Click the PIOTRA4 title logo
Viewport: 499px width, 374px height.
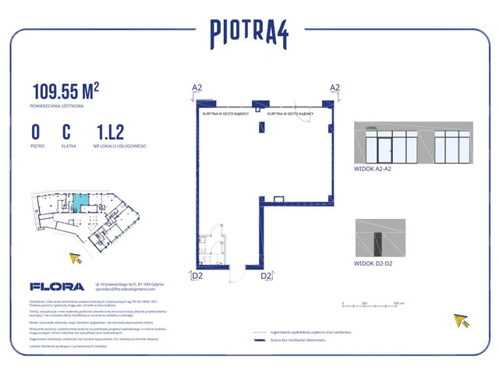coord(249,32)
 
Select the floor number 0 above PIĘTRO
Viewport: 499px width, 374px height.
coord(36,132)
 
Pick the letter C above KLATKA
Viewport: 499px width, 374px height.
coord(67,132)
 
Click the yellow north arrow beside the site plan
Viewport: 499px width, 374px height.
coord(76,258)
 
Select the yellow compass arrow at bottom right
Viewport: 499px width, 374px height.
coord(462,319)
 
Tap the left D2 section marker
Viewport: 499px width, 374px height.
coord(196,275)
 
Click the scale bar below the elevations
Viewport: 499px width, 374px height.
coord(370,304)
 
